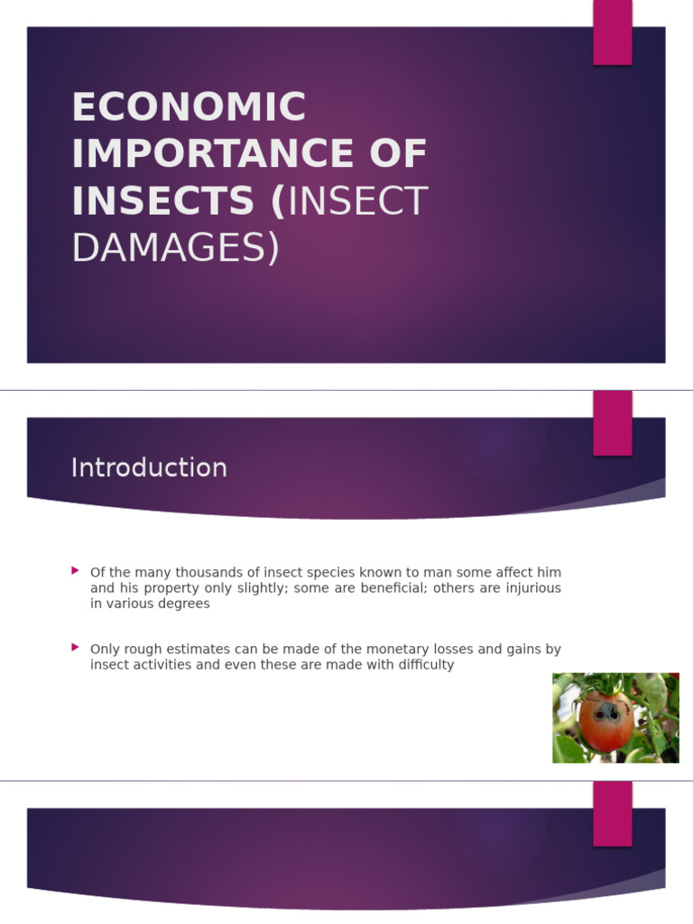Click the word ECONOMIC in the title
(x=189, y=108)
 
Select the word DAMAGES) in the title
(x=176, y=248)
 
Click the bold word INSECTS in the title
(x=162, y=201)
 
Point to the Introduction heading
(x=149, y=467)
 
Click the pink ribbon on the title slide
(x=612, y=32)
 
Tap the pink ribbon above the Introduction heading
(x=612, y=423)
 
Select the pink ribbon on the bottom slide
(x=612, y=813)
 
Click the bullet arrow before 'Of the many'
(x=76, y=571)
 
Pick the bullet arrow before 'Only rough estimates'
(x=76, y=647)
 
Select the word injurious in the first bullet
(x=532, y=588)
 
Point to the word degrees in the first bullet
(x=187, y=604)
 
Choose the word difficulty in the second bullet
(x=423, y=665)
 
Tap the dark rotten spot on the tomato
(x=607, y=712)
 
